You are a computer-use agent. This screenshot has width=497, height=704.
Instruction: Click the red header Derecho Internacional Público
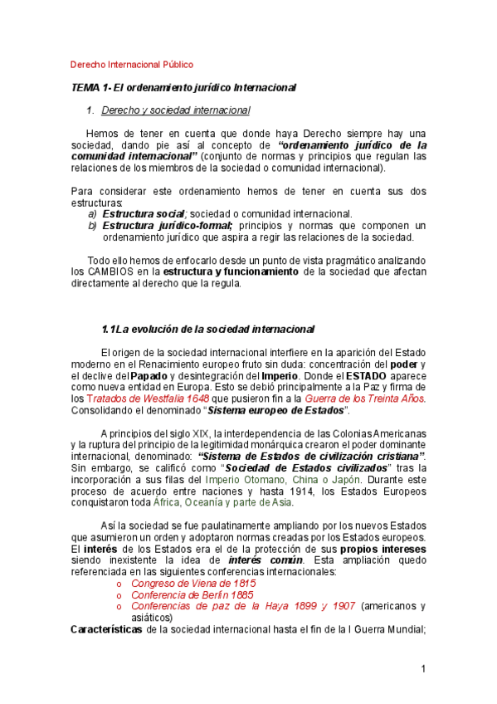tap(132, 64)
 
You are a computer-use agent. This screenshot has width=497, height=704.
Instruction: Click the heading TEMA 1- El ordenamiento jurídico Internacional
tap(183, 87)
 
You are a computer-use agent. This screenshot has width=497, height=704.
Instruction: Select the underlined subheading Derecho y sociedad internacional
tap(175, 110)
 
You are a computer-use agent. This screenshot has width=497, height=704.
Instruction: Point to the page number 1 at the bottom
tap(422, 669)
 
